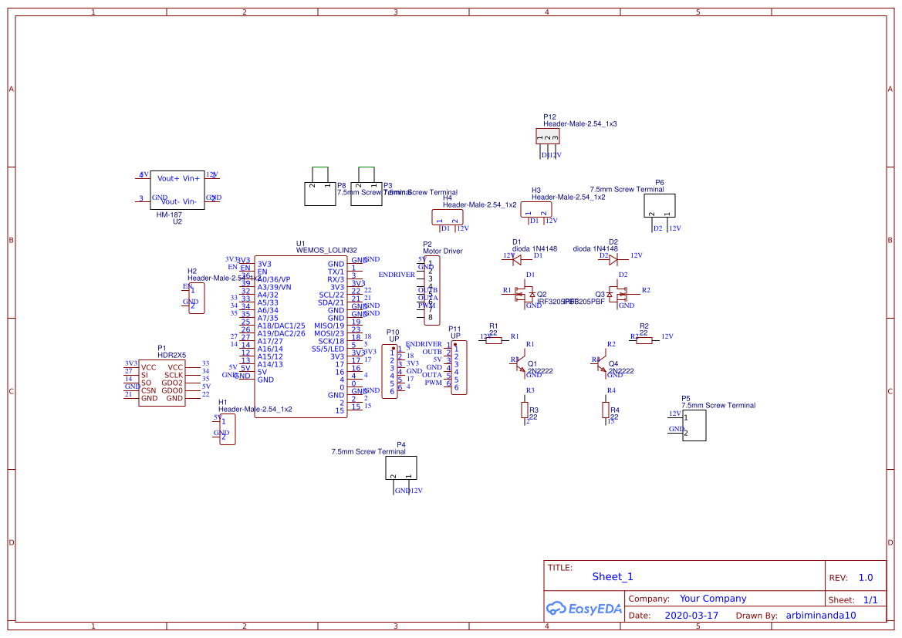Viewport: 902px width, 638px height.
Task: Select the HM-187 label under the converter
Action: point(169,214)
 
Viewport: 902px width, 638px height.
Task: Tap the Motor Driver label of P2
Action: point(443,251)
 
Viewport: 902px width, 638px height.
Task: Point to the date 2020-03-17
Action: point(691,616)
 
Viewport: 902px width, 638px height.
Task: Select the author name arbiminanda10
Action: point(821,616)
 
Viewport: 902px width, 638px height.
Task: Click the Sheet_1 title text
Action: point(612,576)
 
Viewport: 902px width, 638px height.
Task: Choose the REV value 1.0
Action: point(865,577)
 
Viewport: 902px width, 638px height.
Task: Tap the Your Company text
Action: point(712,599)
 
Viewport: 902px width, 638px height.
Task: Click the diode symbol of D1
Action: point(527,260)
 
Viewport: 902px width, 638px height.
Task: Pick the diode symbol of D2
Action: point(613,260)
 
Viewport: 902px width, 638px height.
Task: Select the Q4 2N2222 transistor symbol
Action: point(603,364)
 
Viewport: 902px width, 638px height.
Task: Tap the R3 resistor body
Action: point(525,410)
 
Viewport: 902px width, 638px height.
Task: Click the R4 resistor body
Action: point(606,410)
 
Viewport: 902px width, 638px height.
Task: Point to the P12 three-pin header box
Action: point(548,137)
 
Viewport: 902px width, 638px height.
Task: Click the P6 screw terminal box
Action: point(660,206)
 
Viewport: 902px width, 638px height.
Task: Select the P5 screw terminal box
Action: point(694,425)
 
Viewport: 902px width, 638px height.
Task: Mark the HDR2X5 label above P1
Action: point(171,355)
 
